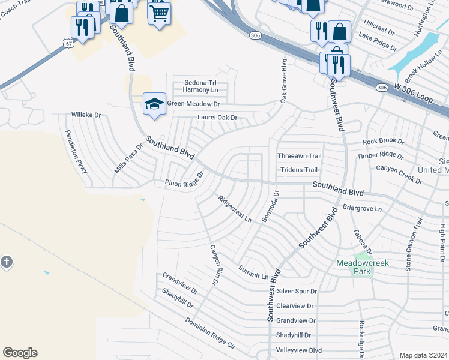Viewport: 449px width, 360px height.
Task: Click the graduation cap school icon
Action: pos(154,103)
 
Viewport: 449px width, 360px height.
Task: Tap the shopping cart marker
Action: pos(159,12)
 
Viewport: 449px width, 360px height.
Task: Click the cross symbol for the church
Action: pos(6,262)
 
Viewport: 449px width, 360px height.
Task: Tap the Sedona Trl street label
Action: pos(200,82)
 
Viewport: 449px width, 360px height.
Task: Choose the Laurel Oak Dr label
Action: pos(218,118)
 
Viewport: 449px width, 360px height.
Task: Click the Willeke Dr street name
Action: pos(86,114)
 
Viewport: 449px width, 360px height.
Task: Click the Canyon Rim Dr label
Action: pos(214,264)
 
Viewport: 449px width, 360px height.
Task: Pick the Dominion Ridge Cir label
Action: pos(209,334)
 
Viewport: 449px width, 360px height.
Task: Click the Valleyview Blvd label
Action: pos(298,350)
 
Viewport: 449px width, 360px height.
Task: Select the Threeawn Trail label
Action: pos(300,156)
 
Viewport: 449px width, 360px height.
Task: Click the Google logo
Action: pos(20,353)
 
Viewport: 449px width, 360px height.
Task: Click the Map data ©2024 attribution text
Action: pos(423,355)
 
